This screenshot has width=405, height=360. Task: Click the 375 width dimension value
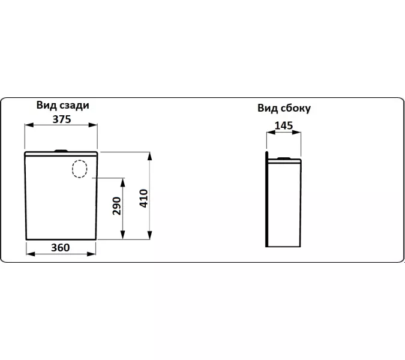tap(62, 119)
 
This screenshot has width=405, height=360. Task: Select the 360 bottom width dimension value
tap(61, 247)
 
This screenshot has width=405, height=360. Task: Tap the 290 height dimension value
tap(117, 206)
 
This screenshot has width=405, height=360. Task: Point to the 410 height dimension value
tap(143, 198)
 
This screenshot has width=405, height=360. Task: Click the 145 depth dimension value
tap(284, 125)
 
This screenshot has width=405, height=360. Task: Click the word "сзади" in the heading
tap(74, 105)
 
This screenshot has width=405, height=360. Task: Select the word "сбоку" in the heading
tap(295, 108)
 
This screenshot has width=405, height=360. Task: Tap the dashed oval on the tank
tap(80, 169)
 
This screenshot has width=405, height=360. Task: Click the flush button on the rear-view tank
tap(61, 151)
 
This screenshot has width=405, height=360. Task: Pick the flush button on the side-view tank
tap(284, 158)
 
